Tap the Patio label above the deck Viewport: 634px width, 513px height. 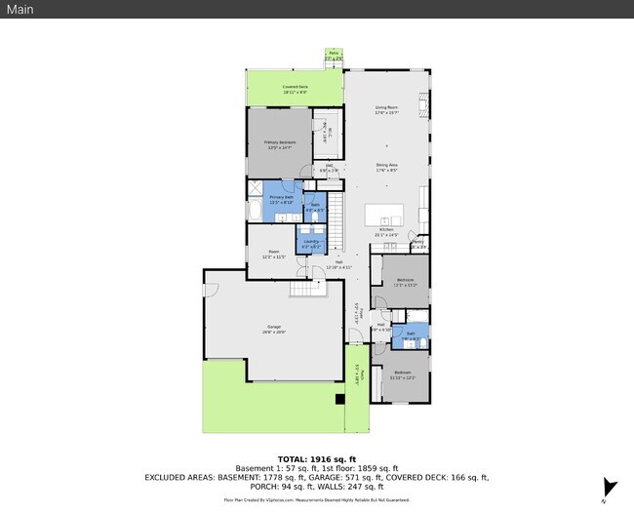pos(334,57)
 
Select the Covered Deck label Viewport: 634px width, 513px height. pos(296,89)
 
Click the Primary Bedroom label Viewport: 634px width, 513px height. pos(279,143)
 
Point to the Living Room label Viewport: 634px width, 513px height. pos(387,109)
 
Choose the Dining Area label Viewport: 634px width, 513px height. pos(387,167)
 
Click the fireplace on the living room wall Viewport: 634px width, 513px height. pos(423,103)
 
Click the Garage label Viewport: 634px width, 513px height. pos(274,329)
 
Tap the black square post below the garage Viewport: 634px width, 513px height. pos(339,399)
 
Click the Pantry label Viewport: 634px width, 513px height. pos(417,244)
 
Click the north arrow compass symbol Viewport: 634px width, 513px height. pos(610,488)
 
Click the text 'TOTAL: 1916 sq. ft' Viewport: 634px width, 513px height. pos(317,458)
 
